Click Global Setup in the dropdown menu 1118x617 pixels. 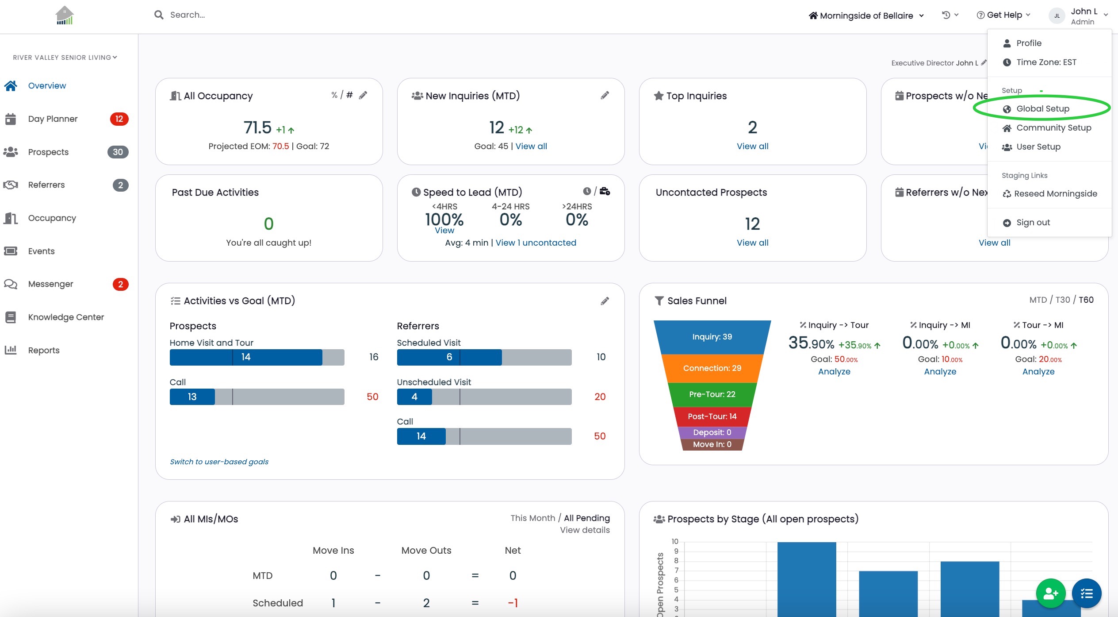click(x=1042, y=109)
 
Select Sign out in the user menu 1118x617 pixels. click(x=1033, y=223)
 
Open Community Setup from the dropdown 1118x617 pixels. click(x=1053, y=128)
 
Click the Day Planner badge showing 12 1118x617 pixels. click(x=119, y=119)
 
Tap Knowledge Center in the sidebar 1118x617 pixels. click(x=66, y=317)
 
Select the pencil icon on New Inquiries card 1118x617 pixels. click(x=605, y=95)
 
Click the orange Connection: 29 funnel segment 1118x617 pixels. click(x=712, y=368)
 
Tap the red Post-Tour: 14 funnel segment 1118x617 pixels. click(x=712, y=416)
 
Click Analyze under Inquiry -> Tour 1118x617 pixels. click(x=834, y=372)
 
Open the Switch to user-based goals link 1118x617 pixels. click(x=219, y=462)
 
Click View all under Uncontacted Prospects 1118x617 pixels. click(x=752, y=243)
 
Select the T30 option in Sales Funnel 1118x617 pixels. click(x=1063, y=300)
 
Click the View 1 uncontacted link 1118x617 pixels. click(x=536, y=243)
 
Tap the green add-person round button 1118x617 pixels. click(x=1050, y=594)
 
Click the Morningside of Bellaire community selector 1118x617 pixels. click(x=866, y=15)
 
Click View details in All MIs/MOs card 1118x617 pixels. click(x=585, y=530)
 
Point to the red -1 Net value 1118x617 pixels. click(x=513, y=603)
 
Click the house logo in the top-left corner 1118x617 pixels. click(x=65, y=15)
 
